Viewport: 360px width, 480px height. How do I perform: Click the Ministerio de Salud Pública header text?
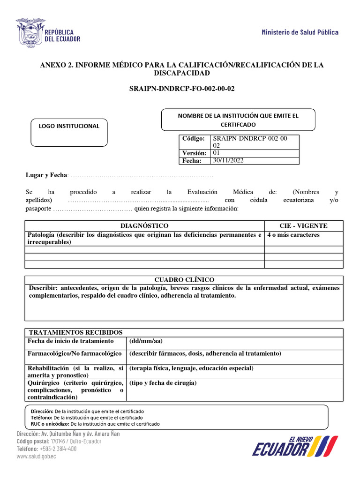coord(300,32)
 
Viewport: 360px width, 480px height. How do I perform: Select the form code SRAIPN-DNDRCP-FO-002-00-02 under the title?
coord(181,89)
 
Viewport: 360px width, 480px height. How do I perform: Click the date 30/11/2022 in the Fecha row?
coord(228,160)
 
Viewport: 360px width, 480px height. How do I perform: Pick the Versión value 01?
coord(217,153)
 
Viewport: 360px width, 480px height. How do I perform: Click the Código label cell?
coord(194,139)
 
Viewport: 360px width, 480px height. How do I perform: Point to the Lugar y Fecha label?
coord(46,175)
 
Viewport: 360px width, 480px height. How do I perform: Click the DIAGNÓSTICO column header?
coord(144,225)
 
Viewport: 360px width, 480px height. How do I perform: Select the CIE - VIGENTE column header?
coord(303,225)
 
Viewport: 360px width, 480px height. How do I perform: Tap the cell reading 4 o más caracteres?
coord(293,235)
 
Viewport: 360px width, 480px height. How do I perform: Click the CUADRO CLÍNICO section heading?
coord(184,279)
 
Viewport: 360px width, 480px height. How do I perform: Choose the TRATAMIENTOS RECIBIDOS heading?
coord(75,332)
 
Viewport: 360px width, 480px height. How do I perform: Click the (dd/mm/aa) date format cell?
coord(145,341)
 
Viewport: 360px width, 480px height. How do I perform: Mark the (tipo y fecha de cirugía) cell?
coord(163,383)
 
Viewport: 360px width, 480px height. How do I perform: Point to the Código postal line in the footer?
coord(59,441)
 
